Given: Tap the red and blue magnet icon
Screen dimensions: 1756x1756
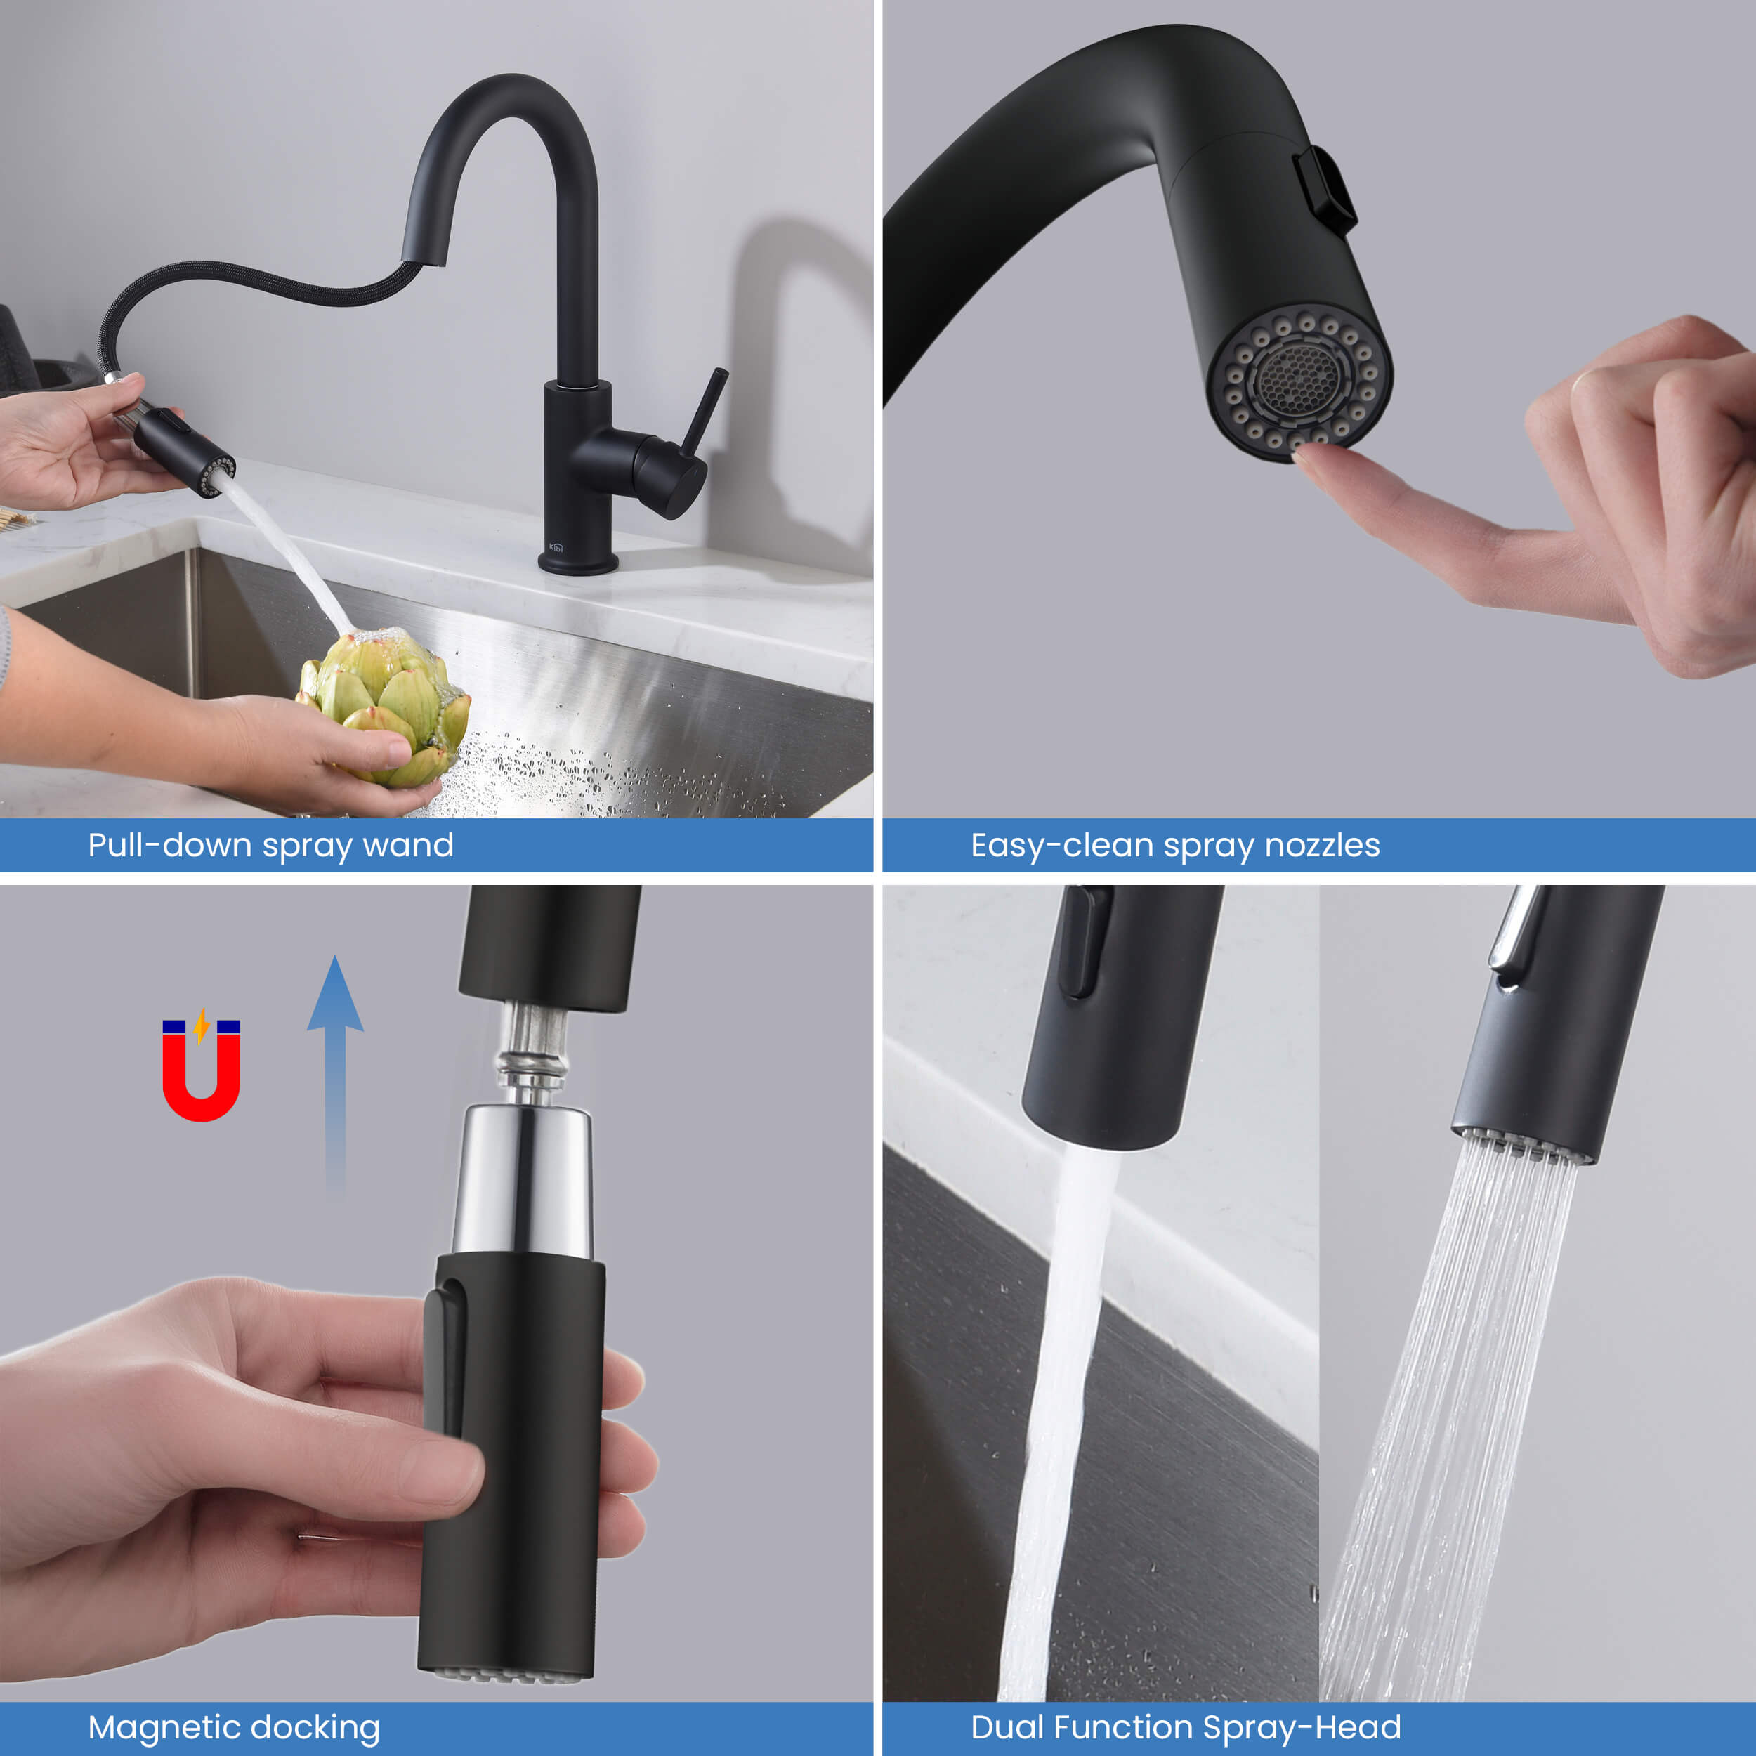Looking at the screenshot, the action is (x=201, y=1069).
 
